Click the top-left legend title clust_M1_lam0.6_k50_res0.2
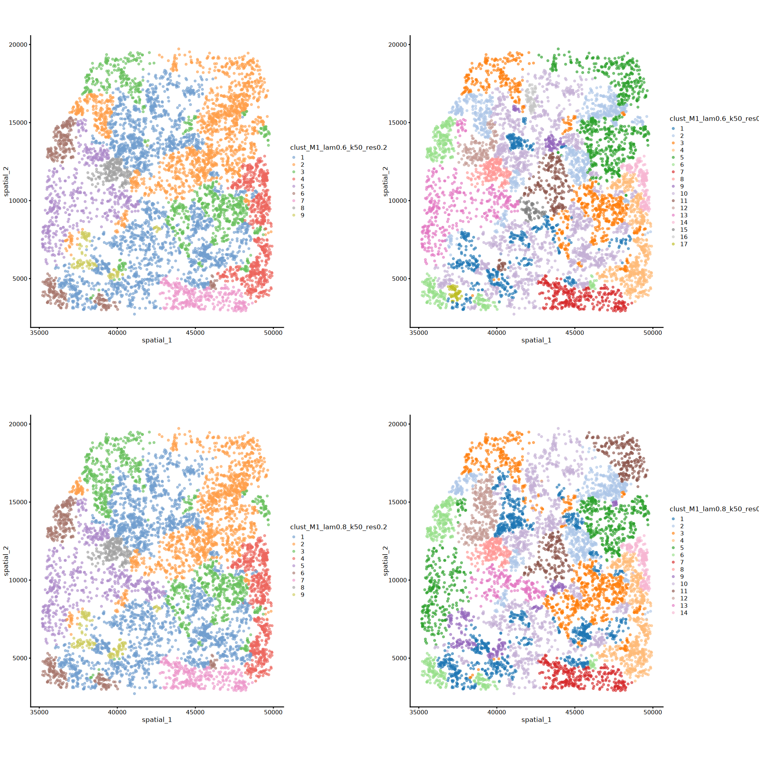pyautogui.click(x=338, y=147)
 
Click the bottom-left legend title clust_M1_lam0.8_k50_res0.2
pyautogui.click(x=338, y=527)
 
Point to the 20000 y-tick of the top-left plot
pyautogui.click(x=18, y=45)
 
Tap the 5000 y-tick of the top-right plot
pyautogui.click(x=399, y=279)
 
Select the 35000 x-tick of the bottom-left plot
pyautogui.click(x=39, y=712)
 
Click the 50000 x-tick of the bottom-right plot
pyautogui.click(x=652, y=712)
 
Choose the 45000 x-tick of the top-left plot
pyautogui.click(x=195, y=332)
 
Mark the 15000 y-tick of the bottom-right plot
pyautogui.click(x=398, y=502)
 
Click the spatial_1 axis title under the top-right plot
pyautogui.click(x=536, y=340)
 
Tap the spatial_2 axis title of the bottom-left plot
pyautogui.click(x=6, y=561)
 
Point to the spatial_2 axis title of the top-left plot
pyautogui.click(x=6, y=181)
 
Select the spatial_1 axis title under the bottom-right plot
pyautogui.click(x=536, y=719)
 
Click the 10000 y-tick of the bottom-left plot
pyautogui.click(x=18, y=580)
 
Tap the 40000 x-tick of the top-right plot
pyautogui.click(x=497, y=332)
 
